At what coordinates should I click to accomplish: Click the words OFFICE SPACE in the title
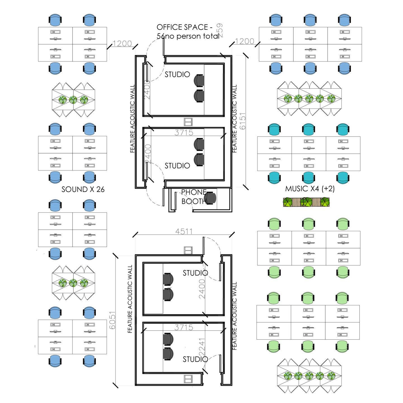182,27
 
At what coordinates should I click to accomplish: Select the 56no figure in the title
161,36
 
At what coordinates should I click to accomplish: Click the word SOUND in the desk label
74,189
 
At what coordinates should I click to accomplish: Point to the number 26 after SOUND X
100,189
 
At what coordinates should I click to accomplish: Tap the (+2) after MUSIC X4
328,189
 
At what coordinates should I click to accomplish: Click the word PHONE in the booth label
194,192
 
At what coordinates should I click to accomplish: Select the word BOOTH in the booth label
194,201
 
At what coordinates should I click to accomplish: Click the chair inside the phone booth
210,198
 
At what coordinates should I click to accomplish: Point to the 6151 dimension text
243,121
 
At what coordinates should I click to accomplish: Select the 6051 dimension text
112,320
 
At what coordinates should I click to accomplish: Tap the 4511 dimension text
184,231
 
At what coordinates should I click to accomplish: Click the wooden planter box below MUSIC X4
306,202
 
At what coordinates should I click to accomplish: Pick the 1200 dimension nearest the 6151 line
245,41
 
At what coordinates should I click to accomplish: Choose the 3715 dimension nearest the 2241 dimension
184,327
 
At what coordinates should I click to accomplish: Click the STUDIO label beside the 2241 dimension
195,359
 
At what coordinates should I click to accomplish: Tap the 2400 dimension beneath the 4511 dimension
202,289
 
